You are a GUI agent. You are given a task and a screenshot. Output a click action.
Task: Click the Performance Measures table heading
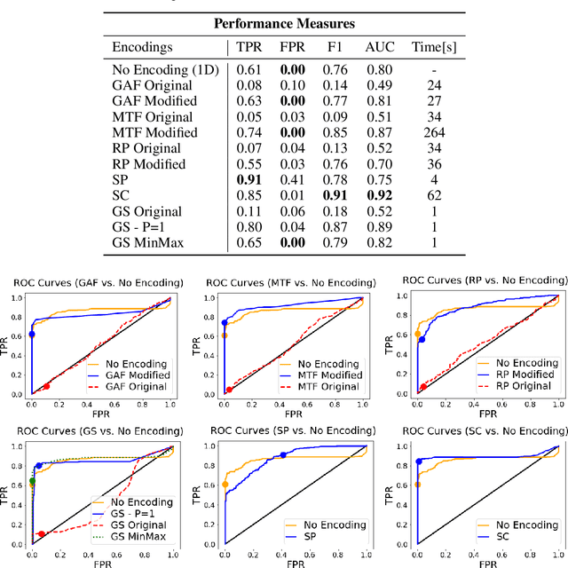pyautogui.click(x=284, y=22)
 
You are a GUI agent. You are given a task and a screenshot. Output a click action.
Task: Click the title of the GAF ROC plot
pyautogui.click(x=98, y=282)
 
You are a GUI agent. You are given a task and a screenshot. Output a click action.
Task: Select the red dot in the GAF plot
pyautogui.click(x=46, y=386)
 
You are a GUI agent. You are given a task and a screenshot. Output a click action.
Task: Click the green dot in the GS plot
pyautogui.click(x=33, y=483)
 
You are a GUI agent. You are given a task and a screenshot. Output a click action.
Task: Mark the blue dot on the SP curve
pyautogui.click(x=283, y=455)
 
